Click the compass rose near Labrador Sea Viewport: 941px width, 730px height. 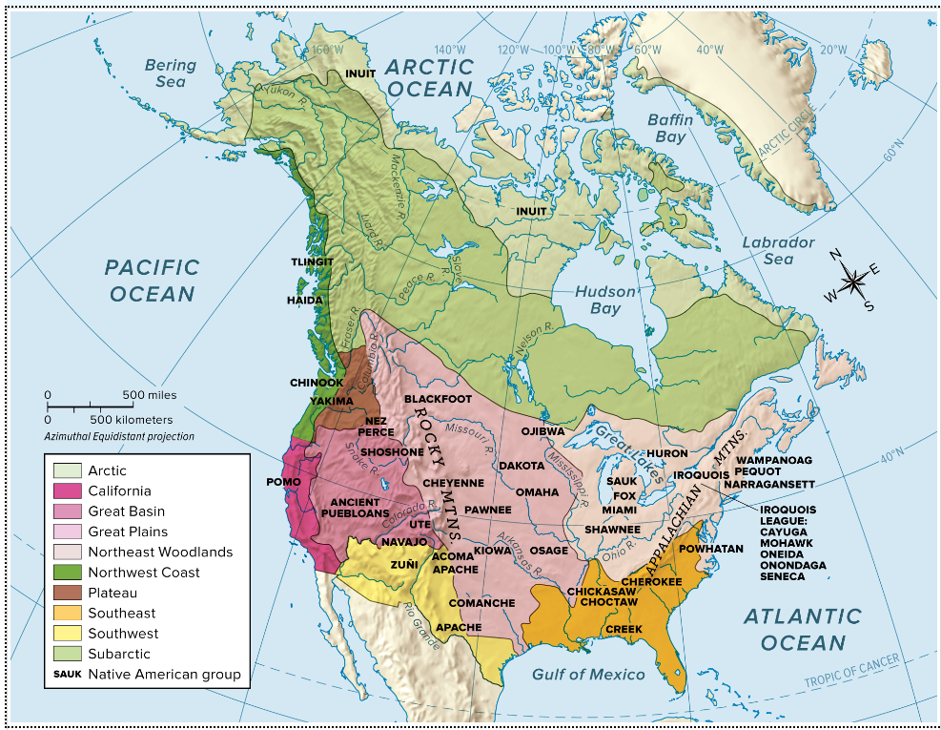pyautogui.click(x=851, y=281)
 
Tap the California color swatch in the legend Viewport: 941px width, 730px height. pyautogui.click(x=66, y=491)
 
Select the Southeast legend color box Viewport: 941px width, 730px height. pyautogui.click(x=66, y=614)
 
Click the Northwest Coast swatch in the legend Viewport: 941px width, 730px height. pyautogui.click(x=66, y=573)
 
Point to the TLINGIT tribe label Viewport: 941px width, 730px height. pyautogui.click(x=312, y=261)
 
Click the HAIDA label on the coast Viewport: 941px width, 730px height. pyautogui.click(x=305, y=300)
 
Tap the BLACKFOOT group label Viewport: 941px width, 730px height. pyautogui.click(x=438, y=398)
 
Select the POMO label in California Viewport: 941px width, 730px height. pyautogui.click(x=283, y=482)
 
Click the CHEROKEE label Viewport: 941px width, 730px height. pyautogui.click(x=651, y=581)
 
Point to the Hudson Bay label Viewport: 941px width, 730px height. pyautogui.click(x=604, y=300)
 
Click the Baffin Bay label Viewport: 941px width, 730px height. pyautogui.click(x=670, y=128)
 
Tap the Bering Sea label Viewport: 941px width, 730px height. pyautogui.click(x=170, y=73)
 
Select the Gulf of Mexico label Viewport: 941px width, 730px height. pyautogui.click(x=587, y=675)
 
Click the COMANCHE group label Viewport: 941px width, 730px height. pyautogui.click(x=481, y=603)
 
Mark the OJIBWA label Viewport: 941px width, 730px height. pyautogui.click(x=542, y=431)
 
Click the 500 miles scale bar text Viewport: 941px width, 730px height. pyautogui.click(x=149, y=394)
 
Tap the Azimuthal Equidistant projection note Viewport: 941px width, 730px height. pyautogui.click(x=118, y=436)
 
